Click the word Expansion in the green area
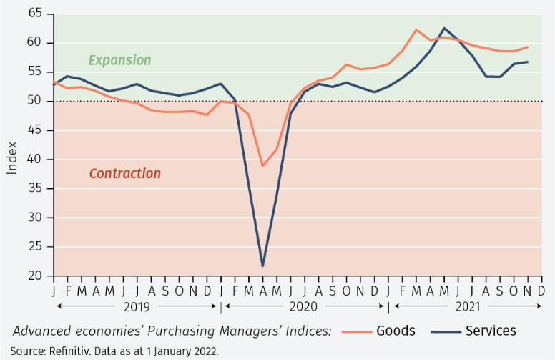[119, 60]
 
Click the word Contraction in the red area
[125, 174]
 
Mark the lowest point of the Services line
[263, 266]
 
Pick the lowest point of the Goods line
[263, 165]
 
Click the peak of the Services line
[444, 29]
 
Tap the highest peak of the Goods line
[416, 30]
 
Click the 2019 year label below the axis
[136, 306]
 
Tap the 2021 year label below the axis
[468, 306]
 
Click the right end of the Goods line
[528, 47]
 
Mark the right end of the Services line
[528, 62]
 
